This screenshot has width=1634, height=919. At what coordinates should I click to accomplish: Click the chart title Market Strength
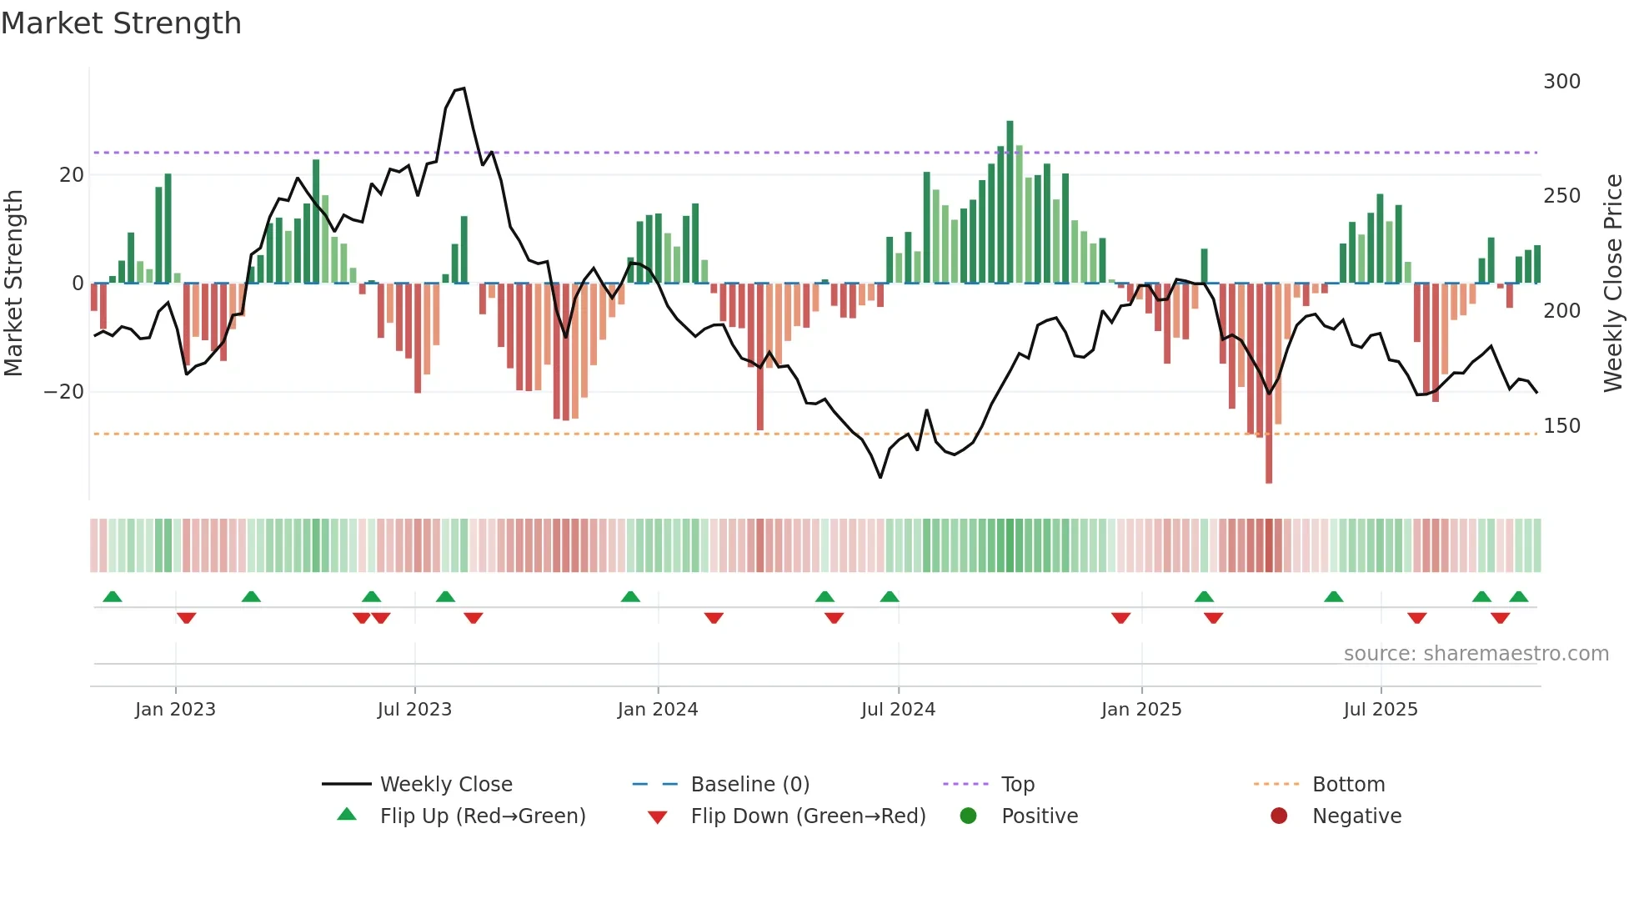[x=121, y=23]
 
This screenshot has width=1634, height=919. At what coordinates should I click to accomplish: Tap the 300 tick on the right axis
[x=1561, y=82]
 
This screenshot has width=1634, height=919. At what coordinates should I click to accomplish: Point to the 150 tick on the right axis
[x=1561, y=426]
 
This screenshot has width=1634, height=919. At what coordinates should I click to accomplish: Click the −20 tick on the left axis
[x=64, y=392]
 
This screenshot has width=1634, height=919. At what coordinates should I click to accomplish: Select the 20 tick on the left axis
[x=72, y=175]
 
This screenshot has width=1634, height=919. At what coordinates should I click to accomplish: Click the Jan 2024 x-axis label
[x=658, y=710]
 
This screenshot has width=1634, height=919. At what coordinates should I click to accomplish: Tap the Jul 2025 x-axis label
[x=1381, y=710]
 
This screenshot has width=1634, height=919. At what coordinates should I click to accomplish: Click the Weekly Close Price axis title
[x=1613, y=284]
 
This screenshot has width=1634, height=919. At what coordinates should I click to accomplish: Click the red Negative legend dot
[x=1279, y=816]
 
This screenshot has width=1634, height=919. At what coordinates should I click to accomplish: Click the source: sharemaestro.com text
[x=1476, y=654]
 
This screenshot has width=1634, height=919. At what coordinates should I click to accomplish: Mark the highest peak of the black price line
[x=464, y=88]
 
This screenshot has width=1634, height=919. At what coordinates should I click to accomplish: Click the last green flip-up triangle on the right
[x=1519, y=597]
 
